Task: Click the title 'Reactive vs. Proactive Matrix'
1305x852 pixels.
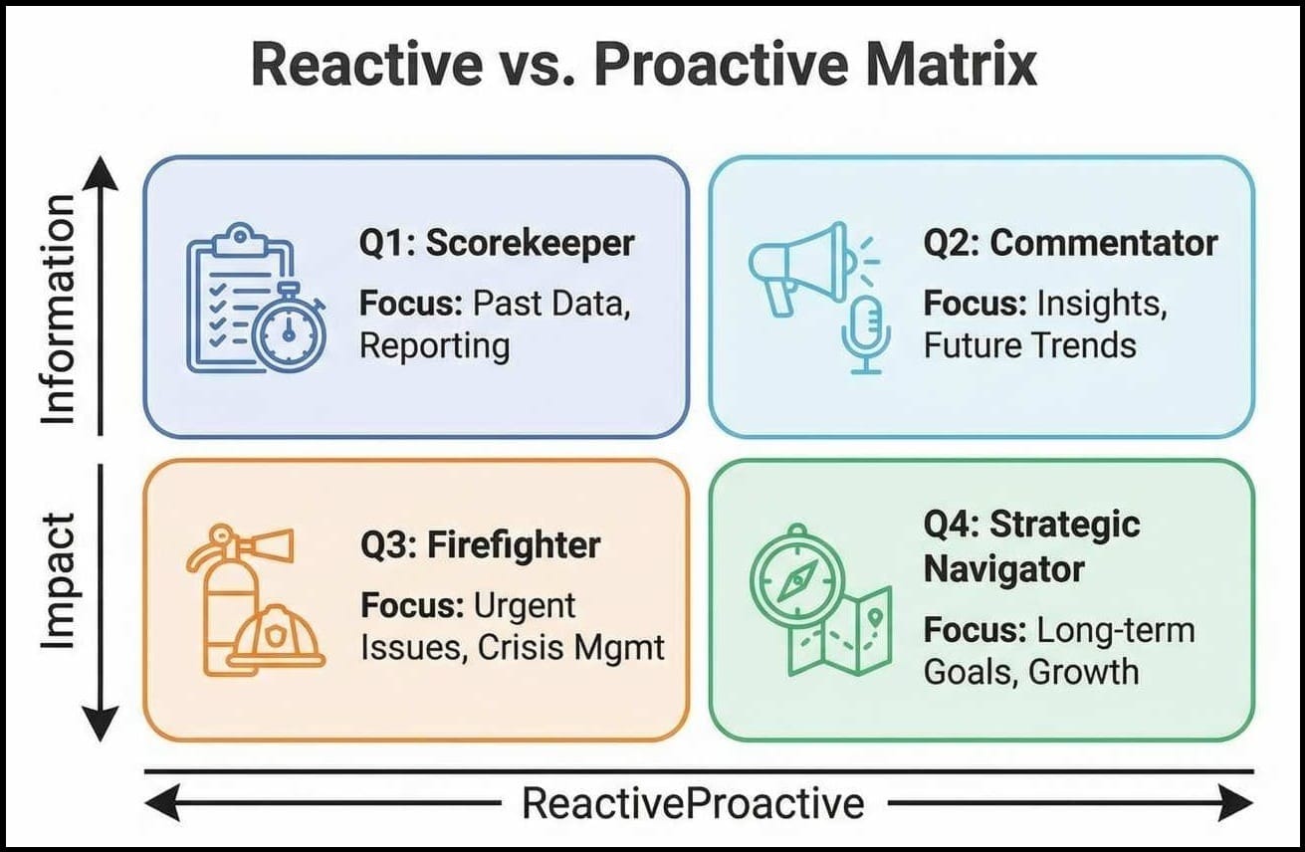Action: [x=644, y=69]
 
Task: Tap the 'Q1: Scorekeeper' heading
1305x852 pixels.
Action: [x=497, y=244]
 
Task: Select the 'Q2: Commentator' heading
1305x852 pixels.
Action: [x=1070, y=244]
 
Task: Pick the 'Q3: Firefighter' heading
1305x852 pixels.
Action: [x=481, y=545]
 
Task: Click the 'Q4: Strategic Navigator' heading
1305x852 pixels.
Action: [x=1032, y=546]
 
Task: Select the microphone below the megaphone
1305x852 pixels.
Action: [x=865, y=333]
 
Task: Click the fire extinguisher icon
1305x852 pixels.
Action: [x=224, y=597]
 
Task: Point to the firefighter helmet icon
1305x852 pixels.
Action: [x=276, y=638]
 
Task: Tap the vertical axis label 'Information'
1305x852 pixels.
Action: [x=59, y=310]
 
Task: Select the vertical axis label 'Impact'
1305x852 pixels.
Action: [x=59, y=582]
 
